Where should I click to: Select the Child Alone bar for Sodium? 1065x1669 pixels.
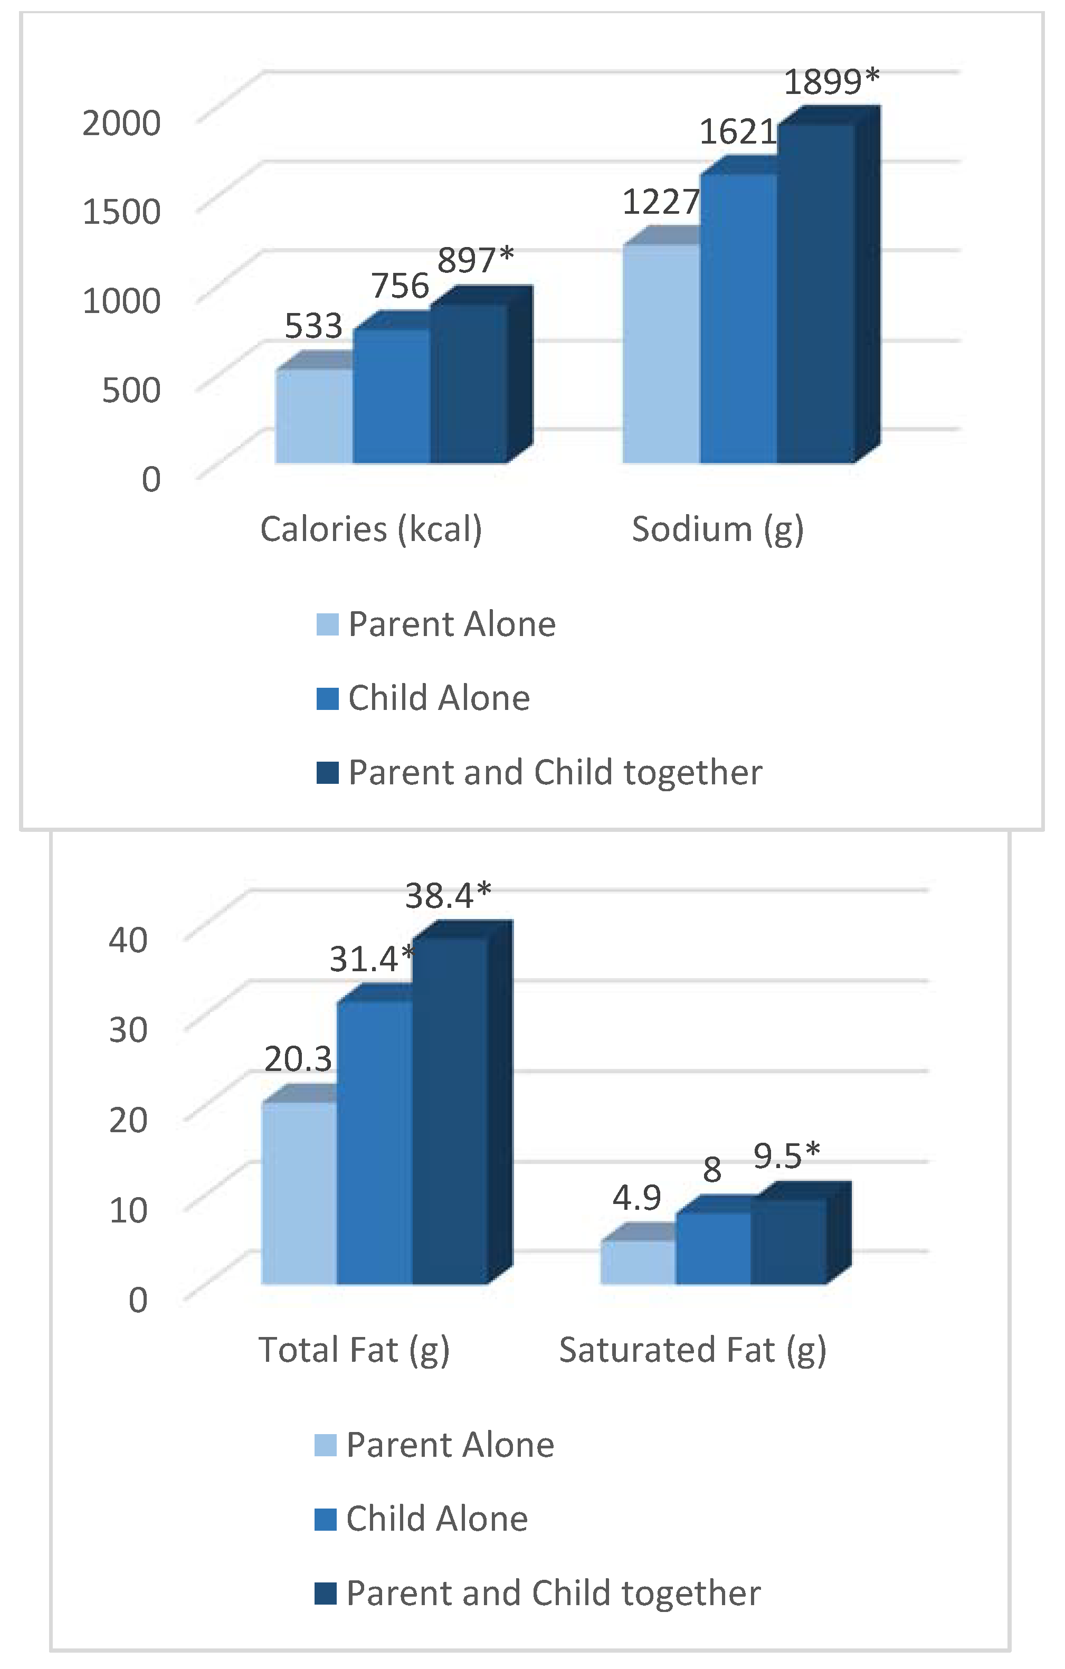[x=738, y=319]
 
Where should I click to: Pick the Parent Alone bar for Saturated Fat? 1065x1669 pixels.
[x=638, y=1262]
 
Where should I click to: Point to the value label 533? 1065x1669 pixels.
[x=313, y=326]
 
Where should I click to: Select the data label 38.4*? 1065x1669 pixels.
[x=448, y=896]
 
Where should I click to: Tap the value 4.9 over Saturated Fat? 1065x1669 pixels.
[x=636, y=1198]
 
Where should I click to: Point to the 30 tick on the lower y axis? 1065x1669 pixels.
[x=128, y=1029]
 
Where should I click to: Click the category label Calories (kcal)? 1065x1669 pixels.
[x=370, y=529]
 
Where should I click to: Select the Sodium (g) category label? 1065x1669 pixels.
[x=717, y=529]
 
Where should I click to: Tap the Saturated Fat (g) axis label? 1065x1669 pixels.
[x=692, y=1350]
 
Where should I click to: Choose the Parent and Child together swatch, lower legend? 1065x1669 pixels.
[x=325, y=1593]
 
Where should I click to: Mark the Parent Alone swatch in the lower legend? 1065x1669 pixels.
[x=325, y=1445]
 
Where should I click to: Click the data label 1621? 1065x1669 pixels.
[x=737, y=131]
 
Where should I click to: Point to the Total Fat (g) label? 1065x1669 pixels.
[x=354, y=1350]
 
